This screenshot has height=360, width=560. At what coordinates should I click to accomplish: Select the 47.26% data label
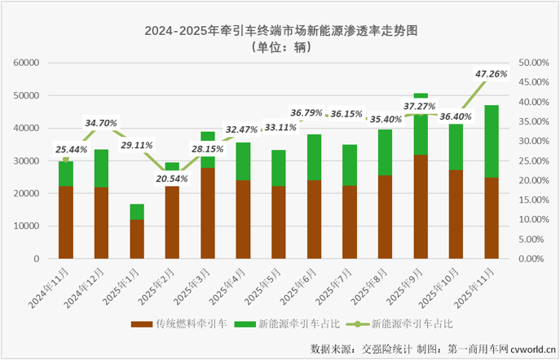tap(492, 74)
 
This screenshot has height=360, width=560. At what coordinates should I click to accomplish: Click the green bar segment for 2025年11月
tap(492, 141)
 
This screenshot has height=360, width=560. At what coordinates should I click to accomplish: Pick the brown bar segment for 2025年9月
tap(421, 206)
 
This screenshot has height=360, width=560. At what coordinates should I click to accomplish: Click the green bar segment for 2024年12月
tap(101, 168)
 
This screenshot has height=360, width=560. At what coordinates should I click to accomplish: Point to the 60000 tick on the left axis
tap(27, 63)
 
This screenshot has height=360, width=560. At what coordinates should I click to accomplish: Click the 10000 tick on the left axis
tap(27, 226)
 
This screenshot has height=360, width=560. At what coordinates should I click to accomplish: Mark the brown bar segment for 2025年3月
tap(208, 213)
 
